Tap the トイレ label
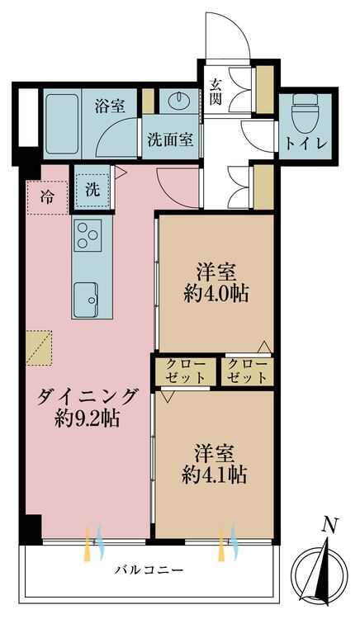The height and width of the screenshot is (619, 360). (305, 144)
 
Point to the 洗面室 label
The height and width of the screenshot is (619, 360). (171, 139)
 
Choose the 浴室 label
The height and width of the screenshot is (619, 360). (110, 106)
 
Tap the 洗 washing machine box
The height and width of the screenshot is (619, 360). (92, 189)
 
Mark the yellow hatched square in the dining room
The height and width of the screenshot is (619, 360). (39, 347)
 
